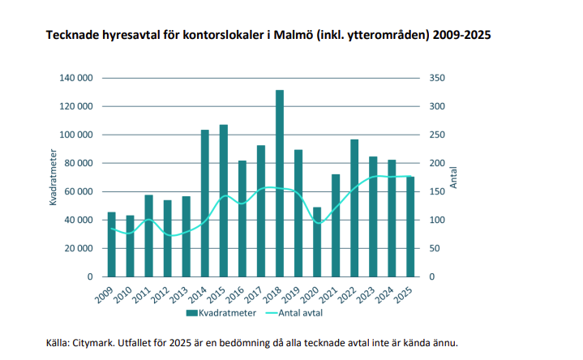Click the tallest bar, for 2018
click(x=280, y=183)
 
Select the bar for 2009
click(x=112, y=244)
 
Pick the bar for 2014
click(x=205, y=203)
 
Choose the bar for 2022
click(x=354, y=208)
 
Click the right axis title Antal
click(x=453, y=178)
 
